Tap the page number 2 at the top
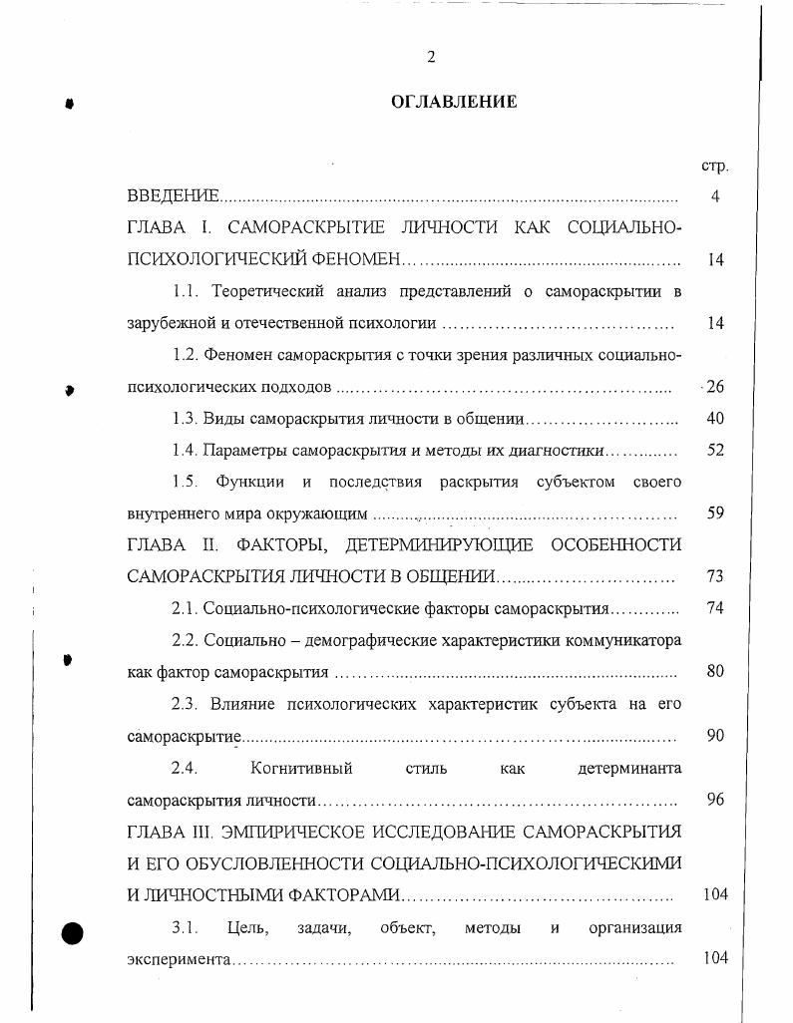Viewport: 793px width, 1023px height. point(431,57)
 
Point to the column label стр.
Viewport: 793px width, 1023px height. point(714,166)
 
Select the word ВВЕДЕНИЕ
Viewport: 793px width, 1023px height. point(173,197)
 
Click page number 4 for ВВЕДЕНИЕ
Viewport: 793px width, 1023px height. point(715,197)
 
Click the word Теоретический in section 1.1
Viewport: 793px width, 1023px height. point(255,291)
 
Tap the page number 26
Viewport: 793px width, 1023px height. point(714,387)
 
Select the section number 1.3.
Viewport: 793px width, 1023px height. point(186,419)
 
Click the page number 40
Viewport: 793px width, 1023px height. point(715,419)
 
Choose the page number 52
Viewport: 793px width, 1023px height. point(715,451)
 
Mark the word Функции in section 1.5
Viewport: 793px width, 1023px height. point(249,483)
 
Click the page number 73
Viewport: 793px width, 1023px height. point(715,576)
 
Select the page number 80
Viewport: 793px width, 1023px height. point(715,671)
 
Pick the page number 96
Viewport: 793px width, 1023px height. point(715,800)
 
